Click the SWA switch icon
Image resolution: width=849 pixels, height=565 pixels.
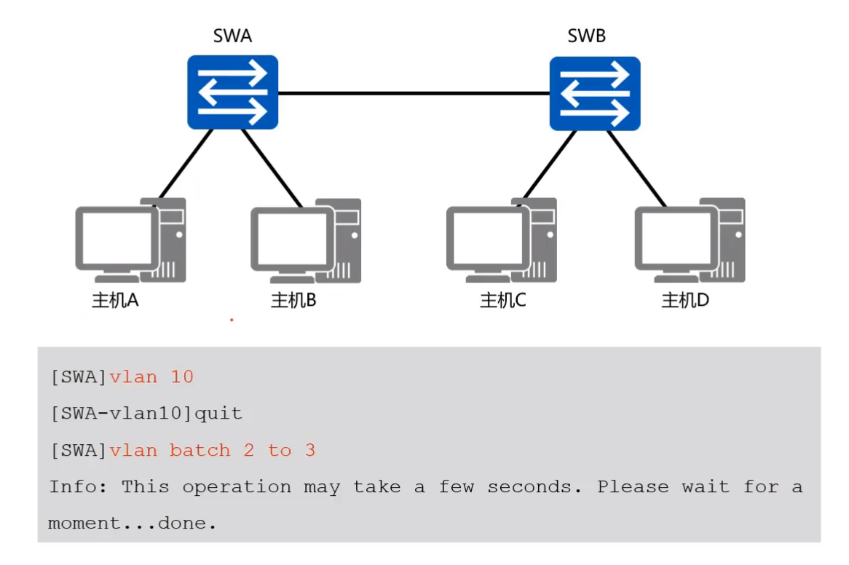click(x=232, y=92)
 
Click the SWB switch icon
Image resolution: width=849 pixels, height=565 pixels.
click(x=594, y=93)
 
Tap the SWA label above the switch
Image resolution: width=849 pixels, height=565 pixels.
click(x=232, y=36)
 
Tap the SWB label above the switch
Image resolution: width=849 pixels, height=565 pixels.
click(x=586, y=36)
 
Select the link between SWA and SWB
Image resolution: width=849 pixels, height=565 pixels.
click(x=413, y=93)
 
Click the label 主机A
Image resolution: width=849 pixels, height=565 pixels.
click(x=115, y=300)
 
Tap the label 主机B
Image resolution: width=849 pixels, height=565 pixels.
click(x=293, y=300)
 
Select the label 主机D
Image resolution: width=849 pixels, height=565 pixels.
click(x=685, y=300)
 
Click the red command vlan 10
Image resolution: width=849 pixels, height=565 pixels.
click(x=151, y=377)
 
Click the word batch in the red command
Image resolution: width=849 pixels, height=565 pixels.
click(x=200, y=450)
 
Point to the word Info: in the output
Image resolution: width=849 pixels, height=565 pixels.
click(x=79, y=486)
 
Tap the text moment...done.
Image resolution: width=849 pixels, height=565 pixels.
click(x=133, y=523)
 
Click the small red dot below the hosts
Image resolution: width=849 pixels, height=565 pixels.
click(x=232, y=320)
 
